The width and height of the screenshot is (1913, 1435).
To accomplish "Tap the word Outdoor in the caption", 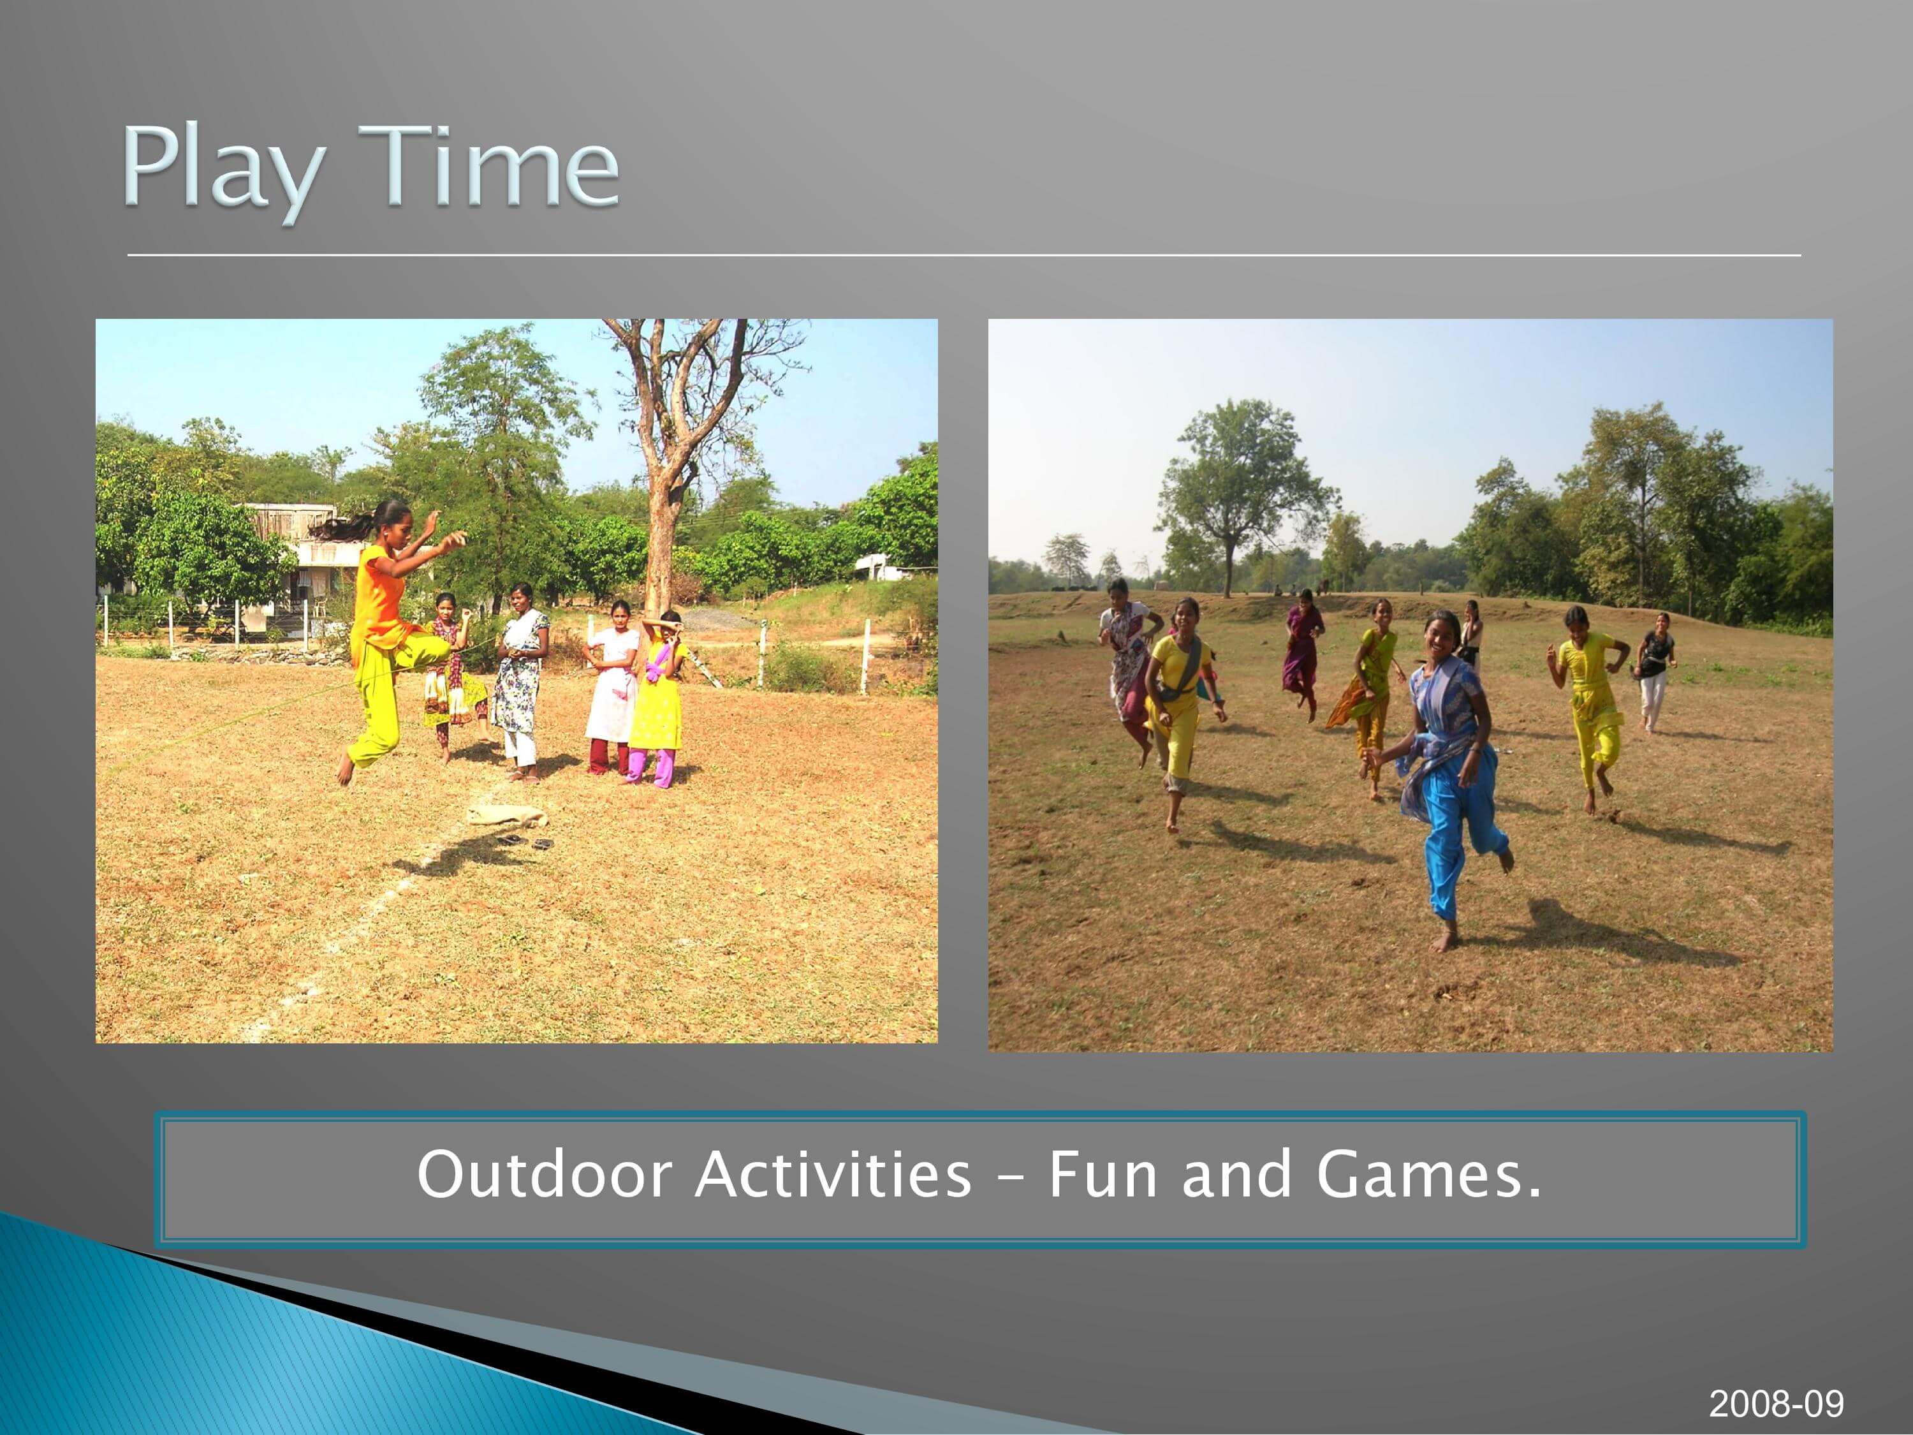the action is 545,1175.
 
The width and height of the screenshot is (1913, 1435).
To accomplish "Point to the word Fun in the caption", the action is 1103,1175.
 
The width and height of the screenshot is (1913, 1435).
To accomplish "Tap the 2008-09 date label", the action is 1777,1404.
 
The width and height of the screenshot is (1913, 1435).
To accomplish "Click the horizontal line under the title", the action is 964,255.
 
